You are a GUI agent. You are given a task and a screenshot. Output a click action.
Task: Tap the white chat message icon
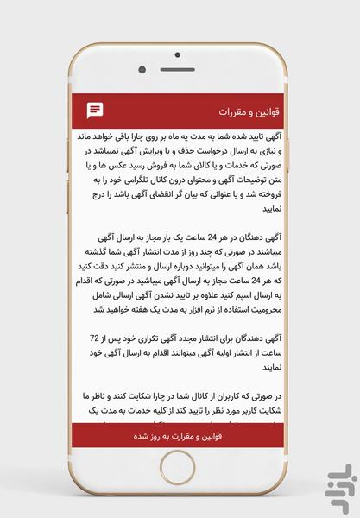[x=96, y=111]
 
